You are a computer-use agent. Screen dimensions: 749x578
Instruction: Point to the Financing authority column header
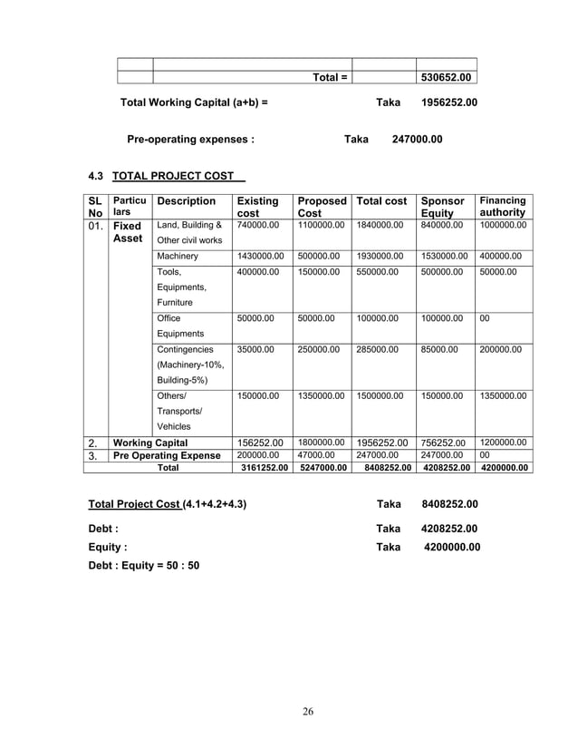[x=503, y=207]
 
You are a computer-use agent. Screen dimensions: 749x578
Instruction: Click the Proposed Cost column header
[x=322, y=208]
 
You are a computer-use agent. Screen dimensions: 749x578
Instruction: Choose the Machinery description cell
[x=177, y=257]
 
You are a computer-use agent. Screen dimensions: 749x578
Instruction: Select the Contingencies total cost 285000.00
[x=381, y=348]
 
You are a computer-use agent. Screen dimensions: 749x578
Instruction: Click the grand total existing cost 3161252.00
[x=262, y=469]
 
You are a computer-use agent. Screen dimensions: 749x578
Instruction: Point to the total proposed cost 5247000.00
[x=322, y=469]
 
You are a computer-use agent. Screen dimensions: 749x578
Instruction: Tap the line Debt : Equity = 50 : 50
[x=143, y=565]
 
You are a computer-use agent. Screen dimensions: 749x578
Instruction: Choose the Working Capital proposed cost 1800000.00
[x=322, y=443]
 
